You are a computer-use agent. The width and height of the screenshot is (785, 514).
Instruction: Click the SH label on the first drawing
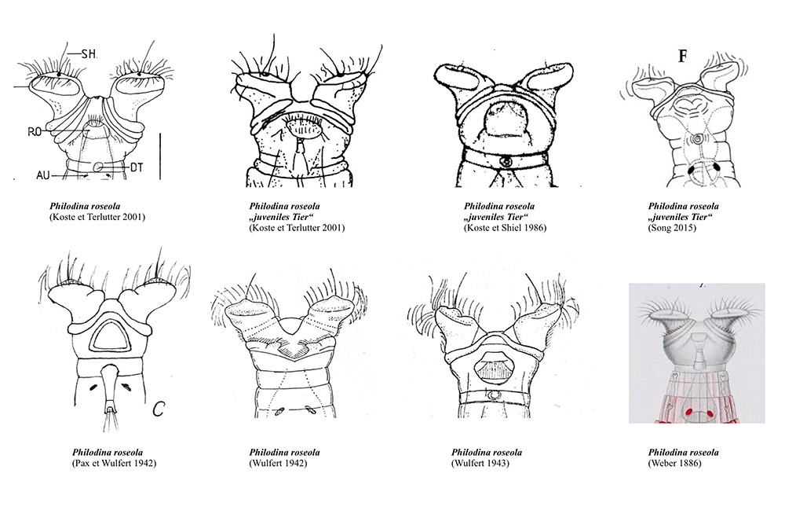89,53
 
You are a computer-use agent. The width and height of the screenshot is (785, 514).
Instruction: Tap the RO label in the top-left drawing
35,132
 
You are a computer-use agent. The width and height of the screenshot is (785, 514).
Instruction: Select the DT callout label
137,167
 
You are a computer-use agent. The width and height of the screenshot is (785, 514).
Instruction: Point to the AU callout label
43,175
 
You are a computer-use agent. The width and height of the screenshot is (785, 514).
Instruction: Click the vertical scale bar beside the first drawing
160,156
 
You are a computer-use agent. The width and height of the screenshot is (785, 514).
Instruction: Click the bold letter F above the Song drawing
682,56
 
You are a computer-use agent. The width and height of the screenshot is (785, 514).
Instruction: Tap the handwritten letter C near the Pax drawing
159,409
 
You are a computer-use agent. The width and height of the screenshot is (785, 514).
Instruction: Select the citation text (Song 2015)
672,228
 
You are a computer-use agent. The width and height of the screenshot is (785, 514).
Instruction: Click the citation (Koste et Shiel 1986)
505,228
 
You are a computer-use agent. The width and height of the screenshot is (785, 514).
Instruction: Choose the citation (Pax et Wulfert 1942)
114,463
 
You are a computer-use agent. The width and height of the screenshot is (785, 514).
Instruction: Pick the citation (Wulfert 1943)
480,463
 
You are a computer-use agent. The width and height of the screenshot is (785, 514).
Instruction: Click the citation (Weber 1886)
674,463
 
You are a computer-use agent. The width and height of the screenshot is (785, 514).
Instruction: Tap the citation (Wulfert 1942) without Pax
278,463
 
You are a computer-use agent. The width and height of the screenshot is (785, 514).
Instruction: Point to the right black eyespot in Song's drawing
717,167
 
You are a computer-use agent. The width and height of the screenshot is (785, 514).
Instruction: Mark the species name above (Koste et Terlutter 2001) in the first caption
85,206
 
